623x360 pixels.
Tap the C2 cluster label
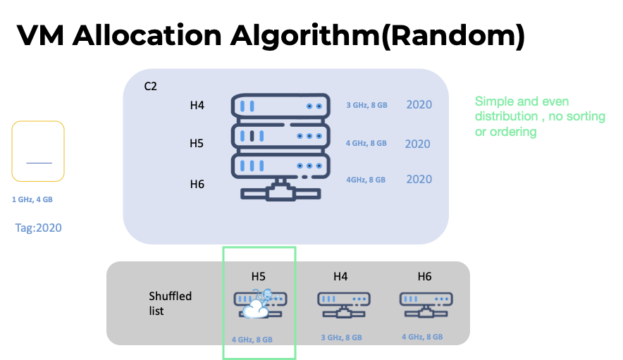click(150, 87)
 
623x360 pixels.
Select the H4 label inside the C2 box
click(197, 106)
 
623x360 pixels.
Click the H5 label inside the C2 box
click(197, 144)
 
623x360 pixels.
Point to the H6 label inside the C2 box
click(197, 185)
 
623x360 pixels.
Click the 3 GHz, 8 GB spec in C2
click(366, 106)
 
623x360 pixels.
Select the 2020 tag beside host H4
click(419, 105)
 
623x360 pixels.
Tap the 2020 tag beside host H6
click(419, 179)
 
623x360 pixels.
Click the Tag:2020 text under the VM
click(39, 228)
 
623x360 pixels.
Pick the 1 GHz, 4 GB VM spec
click(32, 199)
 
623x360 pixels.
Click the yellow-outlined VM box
click(38, 151)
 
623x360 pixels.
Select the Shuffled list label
click(170, 303)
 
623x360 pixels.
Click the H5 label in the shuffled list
click(259, 277)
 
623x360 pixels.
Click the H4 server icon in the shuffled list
click(340, 303)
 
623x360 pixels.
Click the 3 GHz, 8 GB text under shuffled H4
click(341, 337)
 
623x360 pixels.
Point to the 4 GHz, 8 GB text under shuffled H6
click(422, 337)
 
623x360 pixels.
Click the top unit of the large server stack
click(280, 106)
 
